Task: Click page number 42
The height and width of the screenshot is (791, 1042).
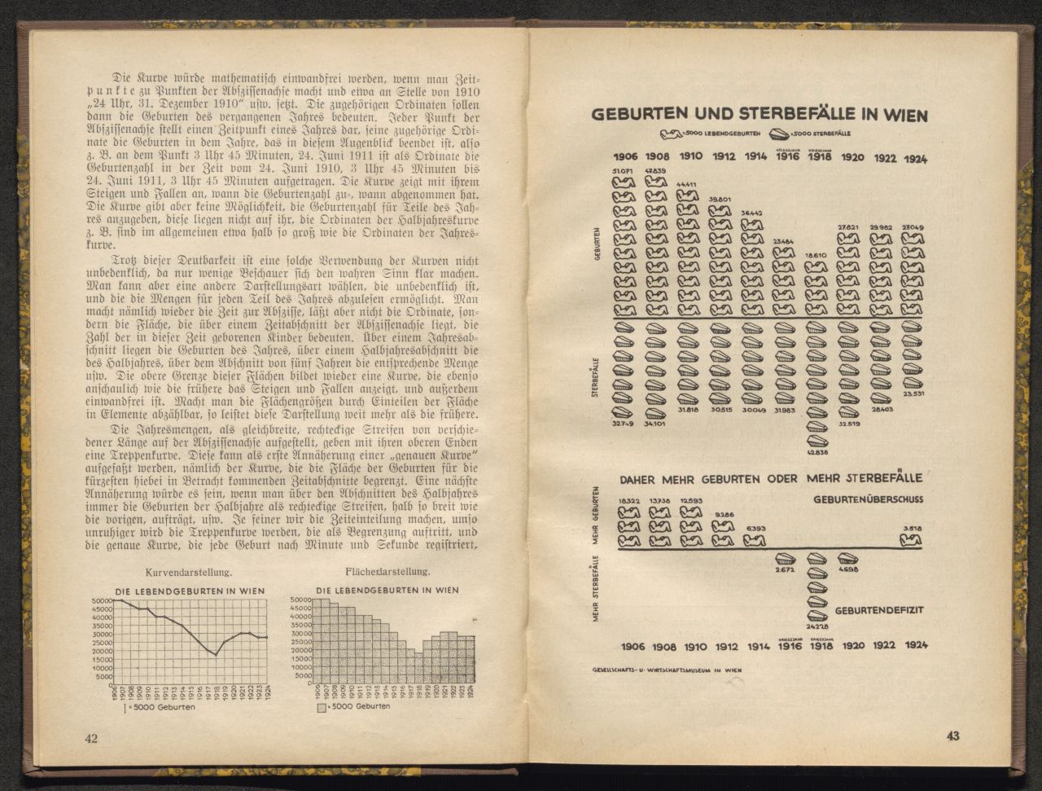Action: pyautogui.click(x=90, y=738)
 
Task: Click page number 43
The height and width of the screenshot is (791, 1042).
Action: pyautogui.click(x=952, y=736)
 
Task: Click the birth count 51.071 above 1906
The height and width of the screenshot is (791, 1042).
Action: pyautogui.click(x=623, y=170)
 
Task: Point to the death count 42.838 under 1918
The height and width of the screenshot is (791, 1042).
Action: pyautogui.click(x=817, y=452)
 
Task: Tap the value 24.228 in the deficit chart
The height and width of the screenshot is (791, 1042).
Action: pyautogui.click(x=817, y=626)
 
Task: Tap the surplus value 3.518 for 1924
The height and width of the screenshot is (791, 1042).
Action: pyautogui.click(x=912, y=527)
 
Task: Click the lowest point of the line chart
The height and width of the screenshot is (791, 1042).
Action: pyautogui.click(x=215, y=655)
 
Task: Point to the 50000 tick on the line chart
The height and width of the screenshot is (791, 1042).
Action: pyautogui.click(x=102, y=600)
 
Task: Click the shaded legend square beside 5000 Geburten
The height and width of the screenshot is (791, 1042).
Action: pyautogui.click(x=322, y=707)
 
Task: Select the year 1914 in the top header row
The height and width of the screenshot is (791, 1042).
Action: pyautogui.click(x=755, y=156)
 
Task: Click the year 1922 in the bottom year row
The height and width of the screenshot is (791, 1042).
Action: pyautogui.click(x=884, y=645)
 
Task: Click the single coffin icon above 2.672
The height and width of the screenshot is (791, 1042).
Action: pyautogui.click(x=785, y=559)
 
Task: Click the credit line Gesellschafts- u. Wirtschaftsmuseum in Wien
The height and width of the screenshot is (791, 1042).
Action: pyautogui.click(x=668, y=670)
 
